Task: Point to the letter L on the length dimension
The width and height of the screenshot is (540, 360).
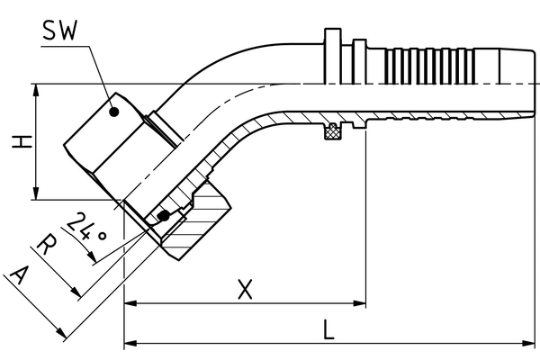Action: tap(329, 329)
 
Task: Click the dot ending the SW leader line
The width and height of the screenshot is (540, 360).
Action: tap(114, 112)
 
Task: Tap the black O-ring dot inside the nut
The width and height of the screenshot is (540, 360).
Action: tap(163, 216)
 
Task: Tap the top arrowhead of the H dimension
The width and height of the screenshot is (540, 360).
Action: tap(34, 91)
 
